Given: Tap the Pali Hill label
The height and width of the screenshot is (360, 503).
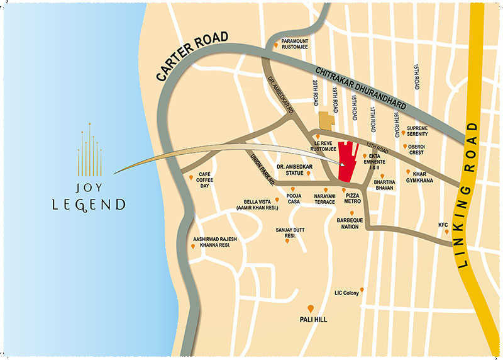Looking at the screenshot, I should coord(311,320).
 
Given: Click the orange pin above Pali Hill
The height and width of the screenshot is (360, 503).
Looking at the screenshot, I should coord(311,308).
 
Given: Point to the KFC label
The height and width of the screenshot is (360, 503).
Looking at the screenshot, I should coord(444,225).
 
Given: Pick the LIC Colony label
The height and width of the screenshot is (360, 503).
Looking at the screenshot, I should coord(347,292).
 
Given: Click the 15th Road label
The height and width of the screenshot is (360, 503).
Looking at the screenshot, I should coord(416,76).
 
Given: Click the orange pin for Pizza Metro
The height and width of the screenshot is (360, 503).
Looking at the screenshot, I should coord(345,189).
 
